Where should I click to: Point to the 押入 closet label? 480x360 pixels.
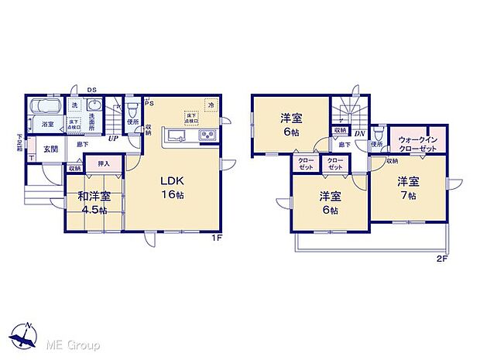103,164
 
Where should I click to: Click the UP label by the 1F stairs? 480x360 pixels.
113,139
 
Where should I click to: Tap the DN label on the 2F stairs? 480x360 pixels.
359,134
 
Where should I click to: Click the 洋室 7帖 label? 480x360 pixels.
408,189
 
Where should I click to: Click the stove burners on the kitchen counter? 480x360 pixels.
208,137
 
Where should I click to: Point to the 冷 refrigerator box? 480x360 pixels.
210,105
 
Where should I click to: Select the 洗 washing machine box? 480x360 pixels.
75,105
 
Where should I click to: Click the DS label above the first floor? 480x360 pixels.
92,89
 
